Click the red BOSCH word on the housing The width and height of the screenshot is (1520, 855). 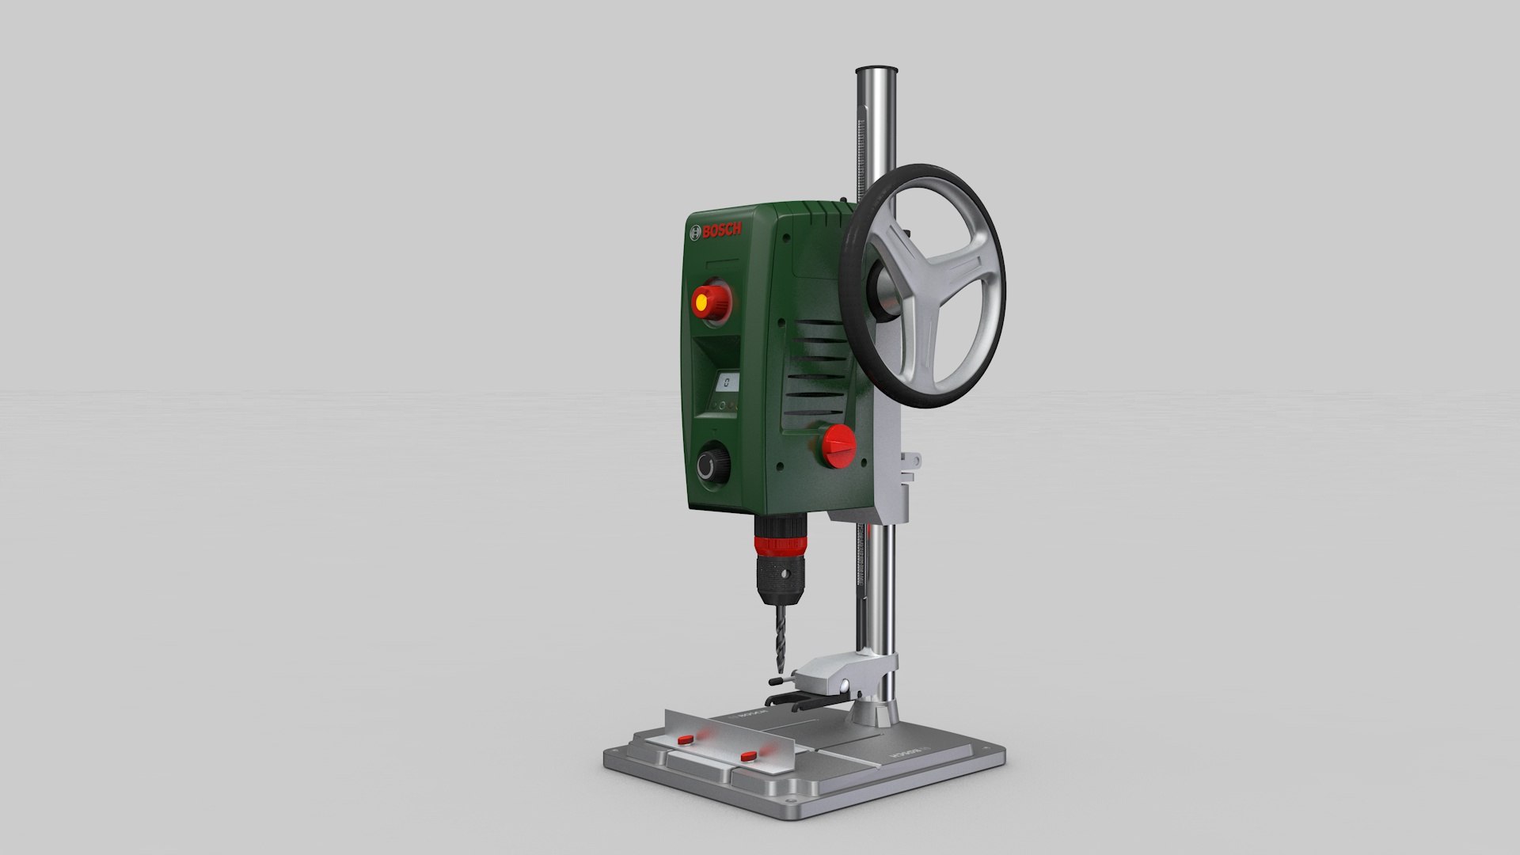[x=722, y=230]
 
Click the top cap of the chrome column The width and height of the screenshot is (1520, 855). [x=876, y=73]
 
